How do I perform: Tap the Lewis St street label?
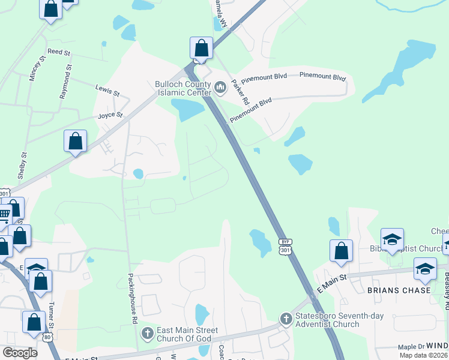(107, 91)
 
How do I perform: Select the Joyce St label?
(110, 115)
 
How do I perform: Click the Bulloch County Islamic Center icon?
(220, 89)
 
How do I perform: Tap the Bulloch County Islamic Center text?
(183, 89)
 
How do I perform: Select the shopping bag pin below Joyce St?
(76, 142)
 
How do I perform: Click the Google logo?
(20, 353)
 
